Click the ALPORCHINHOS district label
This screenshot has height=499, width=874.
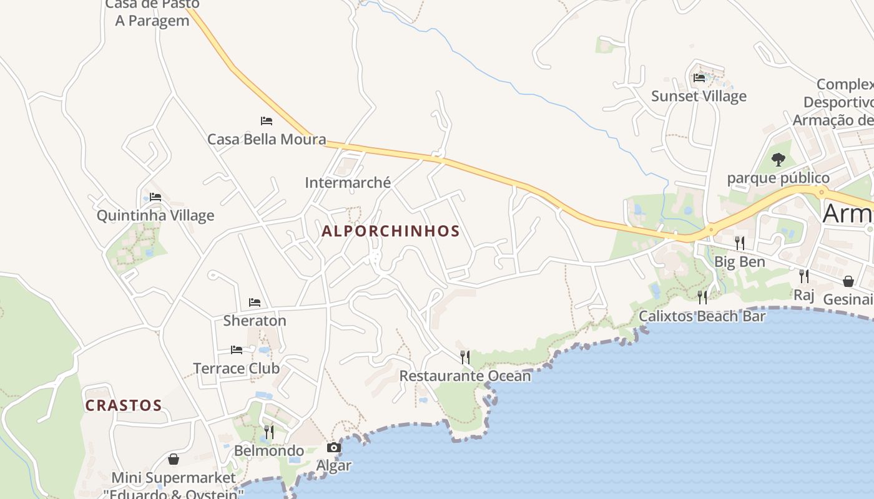390,231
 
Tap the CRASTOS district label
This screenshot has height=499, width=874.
124,405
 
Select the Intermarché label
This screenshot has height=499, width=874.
348,183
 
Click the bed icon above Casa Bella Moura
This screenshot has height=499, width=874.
267,120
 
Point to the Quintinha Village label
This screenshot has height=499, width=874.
155,216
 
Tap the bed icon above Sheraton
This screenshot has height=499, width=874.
255,303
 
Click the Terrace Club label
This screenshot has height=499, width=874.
237,368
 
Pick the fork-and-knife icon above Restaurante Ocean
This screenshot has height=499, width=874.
465,357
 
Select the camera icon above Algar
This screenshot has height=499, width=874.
334,447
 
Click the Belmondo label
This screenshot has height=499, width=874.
269,450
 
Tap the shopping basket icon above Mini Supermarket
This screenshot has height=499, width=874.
174,459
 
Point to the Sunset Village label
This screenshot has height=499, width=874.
699,96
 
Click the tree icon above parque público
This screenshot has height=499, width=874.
778,160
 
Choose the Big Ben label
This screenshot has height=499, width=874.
740,261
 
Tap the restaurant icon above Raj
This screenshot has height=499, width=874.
804,275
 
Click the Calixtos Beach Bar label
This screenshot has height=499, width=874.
702,316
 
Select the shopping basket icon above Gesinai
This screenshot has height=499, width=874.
848,281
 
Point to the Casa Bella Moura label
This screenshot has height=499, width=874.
267,139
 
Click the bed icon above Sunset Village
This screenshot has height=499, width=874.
699,78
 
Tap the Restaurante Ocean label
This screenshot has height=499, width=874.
465,376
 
